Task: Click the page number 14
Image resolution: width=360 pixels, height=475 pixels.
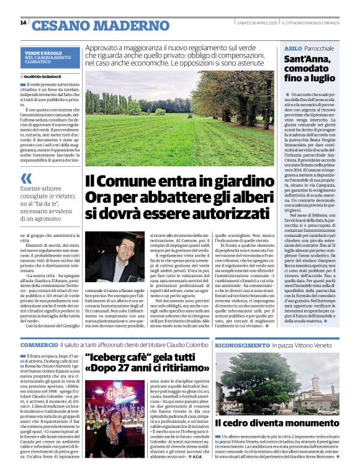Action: pos(23,22)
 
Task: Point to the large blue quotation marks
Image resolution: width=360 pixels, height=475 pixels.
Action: pos(26,179)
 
